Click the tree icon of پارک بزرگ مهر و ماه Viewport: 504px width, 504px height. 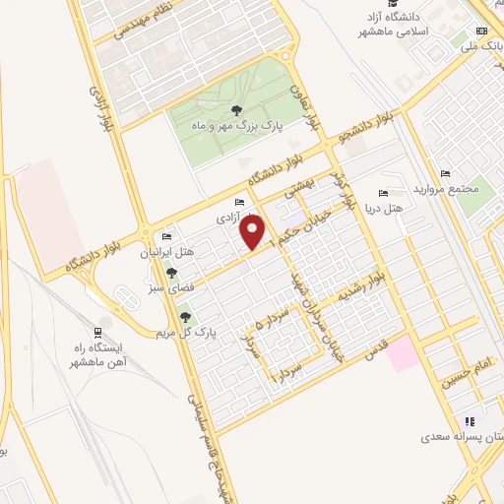point(235,109)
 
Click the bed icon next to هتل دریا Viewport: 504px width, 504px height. point(383,194)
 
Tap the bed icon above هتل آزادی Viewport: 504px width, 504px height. point(240,203)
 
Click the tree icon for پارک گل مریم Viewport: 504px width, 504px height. point(184,317)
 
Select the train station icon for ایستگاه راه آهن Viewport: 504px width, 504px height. point(97,333)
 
